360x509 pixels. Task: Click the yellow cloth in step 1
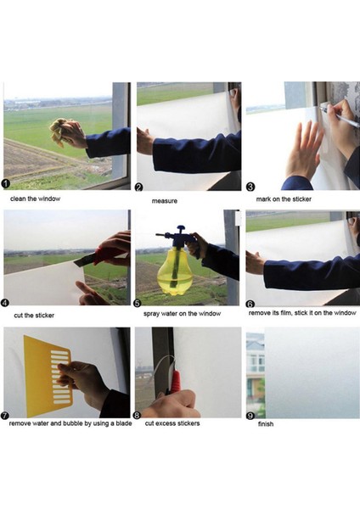click(x=60, y=131)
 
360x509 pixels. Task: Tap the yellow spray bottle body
click(x=173, y=271)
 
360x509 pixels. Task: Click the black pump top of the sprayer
click(x=177, y=231)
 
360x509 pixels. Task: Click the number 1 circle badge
click(x=7, y=183)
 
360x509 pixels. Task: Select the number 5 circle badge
click(x=139, y=300)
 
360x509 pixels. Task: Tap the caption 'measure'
click(x=165, y=201)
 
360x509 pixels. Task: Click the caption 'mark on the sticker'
click(x=284, y=199)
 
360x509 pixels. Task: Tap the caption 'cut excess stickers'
click(x=172, y=422)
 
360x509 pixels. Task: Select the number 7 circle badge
click(x=7, y=417)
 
